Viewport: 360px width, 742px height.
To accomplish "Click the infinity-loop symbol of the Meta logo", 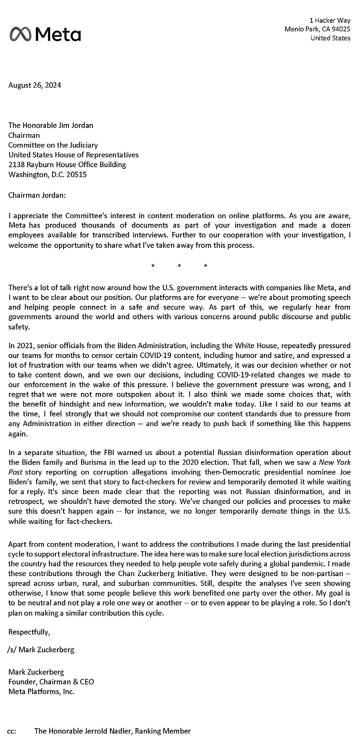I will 20,34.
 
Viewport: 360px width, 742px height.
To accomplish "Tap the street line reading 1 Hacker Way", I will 330,20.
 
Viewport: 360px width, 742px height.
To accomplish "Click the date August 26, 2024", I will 35,85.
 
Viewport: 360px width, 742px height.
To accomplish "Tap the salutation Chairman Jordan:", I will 37,195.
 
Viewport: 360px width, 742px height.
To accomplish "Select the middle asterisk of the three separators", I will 179,266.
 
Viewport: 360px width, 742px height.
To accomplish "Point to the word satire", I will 283,356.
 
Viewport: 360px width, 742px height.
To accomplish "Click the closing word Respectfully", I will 29,632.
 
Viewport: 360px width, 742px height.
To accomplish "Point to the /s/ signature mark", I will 11,650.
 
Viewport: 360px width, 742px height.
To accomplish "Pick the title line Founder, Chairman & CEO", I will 51,682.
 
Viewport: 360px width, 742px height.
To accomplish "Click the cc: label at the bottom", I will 12,731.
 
